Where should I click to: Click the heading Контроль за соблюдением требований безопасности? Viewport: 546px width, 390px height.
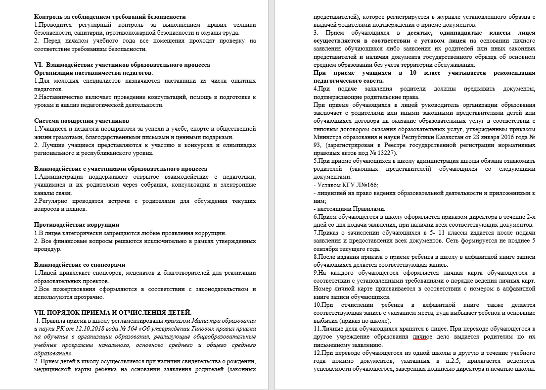tap(110, 17)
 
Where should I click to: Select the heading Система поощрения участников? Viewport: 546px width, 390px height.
tap(82, 120)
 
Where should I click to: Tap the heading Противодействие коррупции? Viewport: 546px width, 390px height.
tap(77, 225)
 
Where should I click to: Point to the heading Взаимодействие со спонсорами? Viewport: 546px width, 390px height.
tap(80, 265)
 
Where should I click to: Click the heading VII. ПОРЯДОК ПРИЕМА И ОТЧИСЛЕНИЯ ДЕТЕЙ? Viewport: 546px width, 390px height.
tap(113, 312)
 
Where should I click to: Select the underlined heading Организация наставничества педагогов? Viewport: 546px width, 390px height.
tap(93, 72)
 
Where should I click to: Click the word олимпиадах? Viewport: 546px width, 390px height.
tap(237, 145)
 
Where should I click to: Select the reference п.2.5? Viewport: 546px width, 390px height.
tap(436, 360)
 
